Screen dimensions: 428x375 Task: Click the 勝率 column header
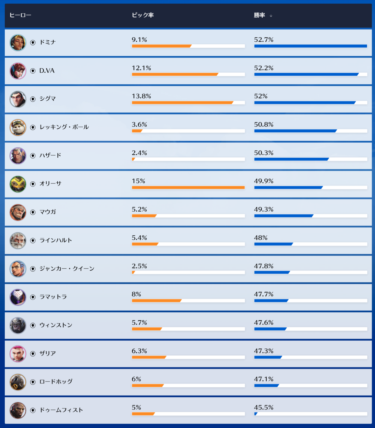point(259,15)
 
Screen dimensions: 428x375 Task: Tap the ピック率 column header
point(143,15)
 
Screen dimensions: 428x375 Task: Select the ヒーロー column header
point(20,15)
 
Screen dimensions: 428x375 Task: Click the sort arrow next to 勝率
point(271,16)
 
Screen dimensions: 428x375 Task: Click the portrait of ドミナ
point(18,43)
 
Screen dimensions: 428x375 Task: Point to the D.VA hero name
point(47,71)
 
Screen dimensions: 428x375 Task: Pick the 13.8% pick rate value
point(141,96)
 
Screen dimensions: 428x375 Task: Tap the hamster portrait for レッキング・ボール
point(18,128)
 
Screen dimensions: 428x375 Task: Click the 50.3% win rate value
point(264,153)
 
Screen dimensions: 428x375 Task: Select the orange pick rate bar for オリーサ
point(188,188)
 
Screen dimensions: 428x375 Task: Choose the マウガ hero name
point(48,212)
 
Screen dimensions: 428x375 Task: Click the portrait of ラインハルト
point(18,241)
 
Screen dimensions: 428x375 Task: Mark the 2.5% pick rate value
point(139,266)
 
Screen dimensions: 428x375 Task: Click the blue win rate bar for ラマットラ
point(271,301)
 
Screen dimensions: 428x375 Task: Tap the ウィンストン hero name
point(56,325)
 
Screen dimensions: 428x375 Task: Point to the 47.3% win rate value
point(264,351)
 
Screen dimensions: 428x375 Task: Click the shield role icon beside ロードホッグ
point(33,382)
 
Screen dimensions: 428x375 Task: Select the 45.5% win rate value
point(264,408)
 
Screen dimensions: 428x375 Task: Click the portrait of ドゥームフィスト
point(18,410)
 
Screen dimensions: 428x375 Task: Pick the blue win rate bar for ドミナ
point(311,46)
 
